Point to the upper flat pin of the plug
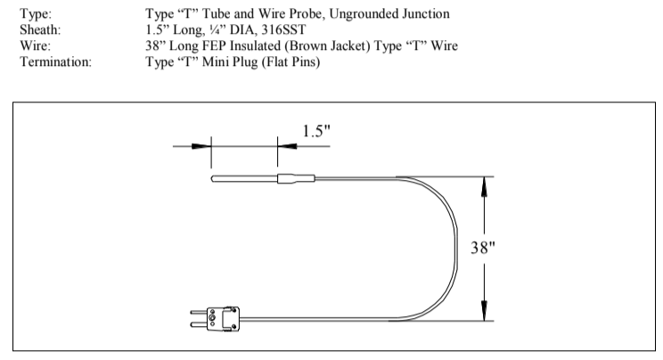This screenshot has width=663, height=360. (x=198, y=312)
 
